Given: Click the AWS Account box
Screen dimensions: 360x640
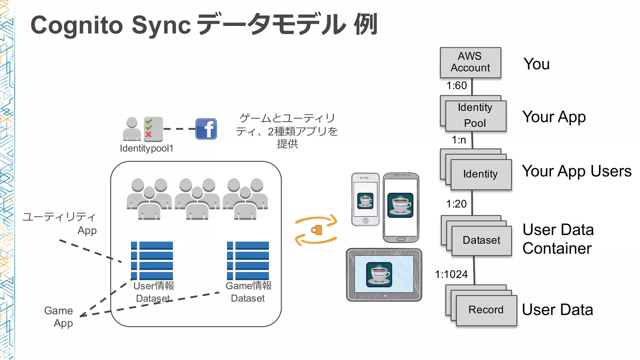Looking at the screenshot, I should [x=470, y=62].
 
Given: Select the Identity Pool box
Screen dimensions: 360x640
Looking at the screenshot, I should [x=475, y=116].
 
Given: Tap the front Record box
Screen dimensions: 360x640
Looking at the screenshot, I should [x=486, y=310].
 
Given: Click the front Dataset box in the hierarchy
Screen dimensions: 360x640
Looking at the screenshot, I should [x=481, y=240].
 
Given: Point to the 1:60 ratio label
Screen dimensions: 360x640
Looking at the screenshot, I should [x=456, y=86].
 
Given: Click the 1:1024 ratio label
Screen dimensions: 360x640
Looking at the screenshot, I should [x=451, y=274].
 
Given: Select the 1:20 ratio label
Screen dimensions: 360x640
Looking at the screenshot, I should [x=456, y=204].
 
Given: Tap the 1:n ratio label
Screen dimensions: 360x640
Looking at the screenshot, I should [x=459, y=140].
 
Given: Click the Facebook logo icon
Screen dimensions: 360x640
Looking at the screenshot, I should [x=206, y=129].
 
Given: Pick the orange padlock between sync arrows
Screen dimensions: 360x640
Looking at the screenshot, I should [x=317, y=230].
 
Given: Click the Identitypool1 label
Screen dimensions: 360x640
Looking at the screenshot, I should [x=146, y=148].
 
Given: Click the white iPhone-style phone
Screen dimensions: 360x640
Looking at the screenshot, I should [x=365, y=199].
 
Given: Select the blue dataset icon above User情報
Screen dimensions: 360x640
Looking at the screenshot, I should [x=152, y=260].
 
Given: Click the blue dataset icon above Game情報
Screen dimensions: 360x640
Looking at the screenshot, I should [x=248, y=260].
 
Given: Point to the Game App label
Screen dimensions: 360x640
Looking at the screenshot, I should [x=59, y=317].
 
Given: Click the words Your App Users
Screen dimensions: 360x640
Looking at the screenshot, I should [x=577, y=171].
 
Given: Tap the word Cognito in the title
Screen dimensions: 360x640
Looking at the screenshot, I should [x=77, y=25].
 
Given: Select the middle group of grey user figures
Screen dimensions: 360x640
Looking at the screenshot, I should [x=197, y=199].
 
